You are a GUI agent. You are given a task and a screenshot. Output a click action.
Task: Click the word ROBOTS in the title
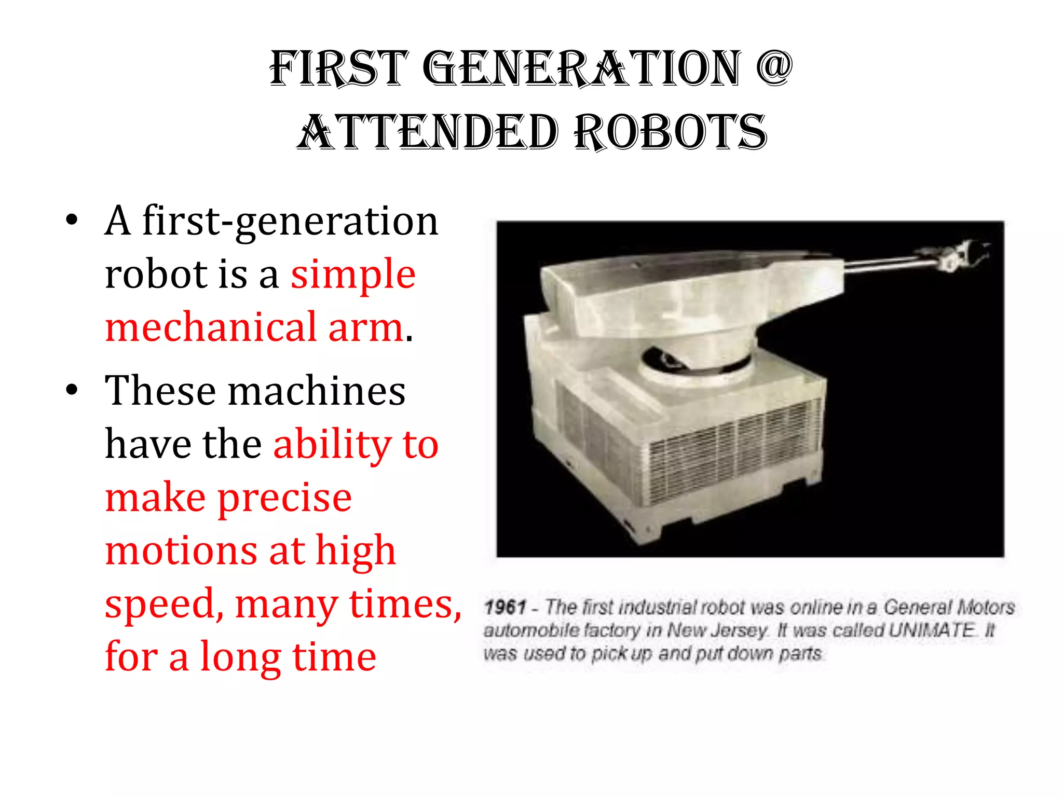[671, 133]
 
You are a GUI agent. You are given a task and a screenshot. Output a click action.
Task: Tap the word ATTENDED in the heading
[428, 133]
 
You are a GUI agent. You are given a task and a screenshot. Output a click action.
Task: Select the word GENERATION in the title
[582, 68]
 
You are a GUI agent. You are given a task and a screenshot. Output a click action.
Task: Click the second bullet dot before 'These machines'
[72, 390]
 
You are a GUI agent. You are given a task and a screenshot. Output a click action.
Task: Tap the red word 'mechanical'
[211, 327]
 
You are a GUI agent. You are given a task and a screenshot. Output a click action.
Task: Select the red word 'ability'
[332, 444]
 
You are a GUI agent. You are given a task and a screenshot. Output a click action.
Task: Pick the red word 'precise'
[284, 498]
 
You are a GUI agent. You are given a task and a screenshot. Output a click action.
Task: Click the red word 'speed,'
[165, 604]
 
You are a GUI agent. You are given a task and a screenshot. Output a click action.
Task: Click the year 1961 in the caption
[505, 607]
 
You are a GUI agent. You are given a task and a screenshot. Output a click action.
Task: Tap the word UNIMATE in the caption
[932, 630]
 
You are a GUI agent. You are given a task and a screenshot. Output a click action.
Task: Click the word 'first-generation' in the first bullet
[290, 221]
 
